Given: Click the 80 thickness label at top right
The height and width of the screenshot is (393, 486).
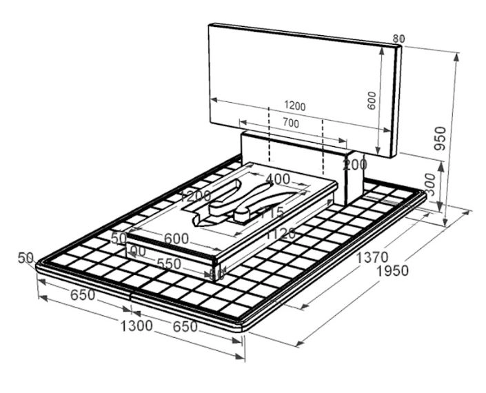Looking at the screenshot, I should tap(398, 39).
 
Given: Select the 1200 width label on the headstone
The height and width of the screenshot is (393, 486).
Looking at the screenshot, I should tap(294, 106).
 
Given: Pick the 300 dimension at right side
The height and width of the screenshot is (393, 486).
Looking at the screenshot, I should tap(429, 185).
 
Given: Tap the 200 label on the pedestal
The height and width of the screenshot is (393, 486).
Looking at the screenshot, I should tap(355, 165).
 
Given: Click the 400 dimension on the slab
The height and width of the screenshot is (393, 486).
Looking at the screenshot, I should tap(278, 179).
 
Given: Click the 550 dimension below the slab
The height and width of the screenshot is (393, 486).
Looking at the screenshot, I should tap(170, 263).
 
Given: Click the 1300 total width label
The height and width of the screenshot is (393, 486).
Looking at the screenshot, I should tap(135, 325).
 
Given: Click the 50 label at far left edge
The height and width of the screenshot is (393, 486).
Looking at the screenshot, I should tap(26, 258).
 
